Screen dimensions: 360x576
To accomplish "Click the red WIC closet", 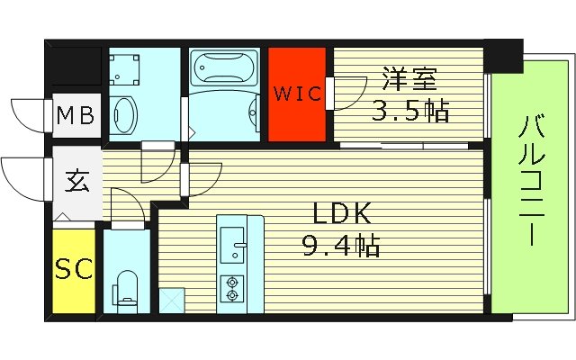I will (x=298, y=94).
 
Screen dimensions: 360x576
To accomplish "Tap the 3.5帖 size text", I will (x=410, y=112).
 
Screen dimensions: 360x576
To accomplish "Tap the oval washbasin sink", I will (x=124, y=114).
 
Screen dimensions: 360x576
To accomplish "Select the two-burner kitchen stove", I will (x=233, y=287).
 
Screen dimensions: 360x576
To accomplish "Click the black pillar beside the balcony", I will (x=503, y=55).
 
